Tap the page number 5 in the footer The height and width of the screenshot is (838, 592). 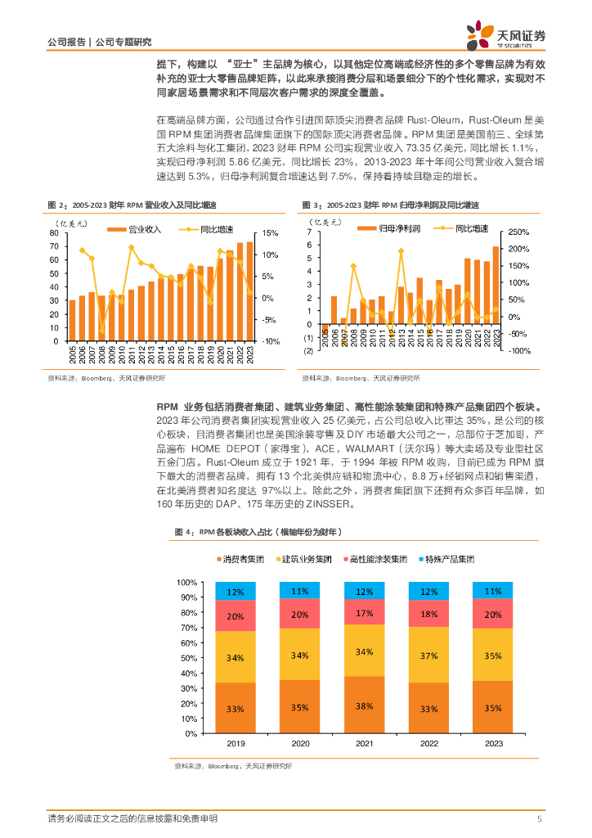pyautogui.click(x=539, y=819)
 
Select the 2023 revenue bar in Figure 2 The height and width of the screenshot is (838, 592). pyautogui.click(x=249, y=291)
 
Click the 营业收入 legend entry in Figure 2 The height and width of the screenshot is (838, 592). pyautogui.click(x=140, y=230)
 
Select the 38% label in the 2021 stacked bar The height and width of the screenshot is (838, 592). pyautogui.click(x=365, y=706)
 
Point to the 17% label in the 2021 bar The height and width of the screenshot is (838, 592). pyautogui.click(x=365, y=612)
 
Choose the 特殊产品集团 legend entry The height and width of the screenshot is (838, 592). pyautogui.click(x=449, y=559)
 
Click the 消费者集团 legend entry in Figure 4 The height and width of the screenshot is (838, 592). pyautogui.click(x=241, y=559)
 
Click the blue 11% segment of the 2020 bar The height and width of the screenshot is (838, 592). pyautogui.click(x=300, y=590)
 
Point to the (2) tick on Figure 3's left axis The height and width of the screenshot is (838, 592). pyautogui.click(x=308, y=350)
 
